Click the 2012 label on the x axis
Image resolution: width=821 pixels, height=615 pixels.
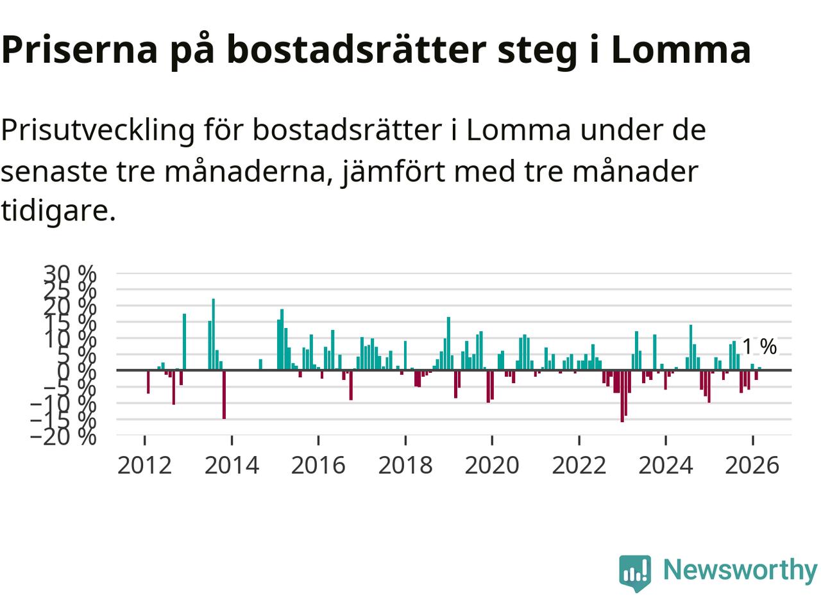[144, 464]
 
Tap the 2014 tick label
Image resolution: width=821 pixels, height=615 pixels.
[232, 464]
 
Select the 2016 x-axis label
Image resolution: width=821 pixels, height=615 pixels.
[318, 464]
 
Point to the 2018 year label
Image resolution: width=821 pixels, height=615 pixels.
[405, 464]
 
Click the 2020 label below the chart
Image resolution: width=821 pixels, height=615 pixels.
[491, 464]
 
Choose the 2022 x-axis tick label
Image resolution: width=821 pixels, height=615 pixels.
[579, 464]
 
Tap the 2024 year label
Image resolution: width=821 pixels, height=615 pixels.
[665, 464]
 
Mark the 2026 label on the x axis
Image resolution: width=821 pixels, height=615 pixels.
[752, 464]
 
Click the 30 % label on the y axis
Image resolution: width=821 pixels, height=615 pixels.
[70, 274]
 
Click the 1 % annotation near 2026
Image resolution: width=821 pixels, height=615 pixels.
[759, 347]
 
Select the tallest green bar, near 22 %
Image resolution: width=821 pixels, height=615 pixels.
[214, 333]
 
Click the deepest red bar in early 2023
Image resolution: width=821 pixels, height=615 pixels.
[622, 395]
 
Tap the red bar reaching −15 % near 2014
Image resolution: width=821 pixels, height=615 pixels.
[224, 394]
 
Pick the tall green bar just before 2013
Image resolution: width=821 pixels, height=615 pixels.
[184, 341]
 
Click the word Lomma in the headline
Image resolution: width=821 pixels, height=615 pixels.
[681, 50]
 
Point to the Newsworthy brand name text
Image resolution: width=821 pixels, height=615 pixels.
[740, 570]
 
